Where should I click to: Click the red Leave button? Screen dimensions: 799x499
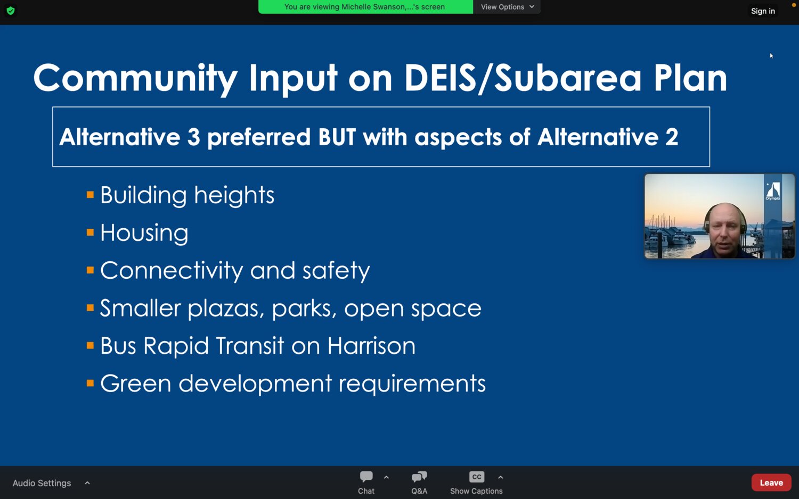click(771, 483)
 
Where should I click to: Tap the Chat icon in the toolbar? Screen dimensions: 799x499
click(366, 477)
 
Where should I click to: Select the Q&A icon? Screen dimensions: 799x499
click(419, 477)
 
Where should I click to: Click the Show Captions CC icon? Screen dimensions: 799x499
click(477, 477)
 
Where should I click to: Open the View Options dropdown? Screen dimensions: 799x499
click(507, 7)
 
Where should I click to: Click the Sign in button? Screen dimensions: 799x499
click(763, 11)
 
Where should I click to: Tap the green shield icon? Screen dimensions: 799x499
click(11, 11)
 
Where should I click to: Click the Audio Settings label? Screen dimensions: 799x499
click(42, 483)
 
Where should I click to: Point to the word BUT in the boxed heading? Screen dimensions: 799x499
click(337, 137)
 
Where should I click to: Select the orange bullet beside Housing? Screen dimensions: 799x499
click(90, 232)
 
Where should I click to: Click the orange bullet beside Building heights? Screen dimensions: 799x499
click(90, 195)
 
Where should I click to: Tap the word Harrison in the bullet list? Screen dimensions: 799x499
click(371, 345)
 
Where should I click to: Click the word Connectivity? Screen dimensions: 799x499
click(172, 270)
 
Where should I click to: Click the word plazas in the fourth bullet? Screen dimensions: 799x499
click(226, 309)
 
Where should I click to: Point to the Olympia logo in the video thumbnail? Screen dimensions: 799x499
click(772, 192)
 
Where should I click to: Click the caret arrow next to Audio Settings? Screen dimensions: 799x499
click(87, 483)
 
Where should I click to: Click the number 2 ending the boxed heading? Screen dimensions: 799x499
click(671, 137)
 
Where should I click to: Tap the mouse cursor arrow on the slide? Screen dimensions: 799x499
click(771, 55)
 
